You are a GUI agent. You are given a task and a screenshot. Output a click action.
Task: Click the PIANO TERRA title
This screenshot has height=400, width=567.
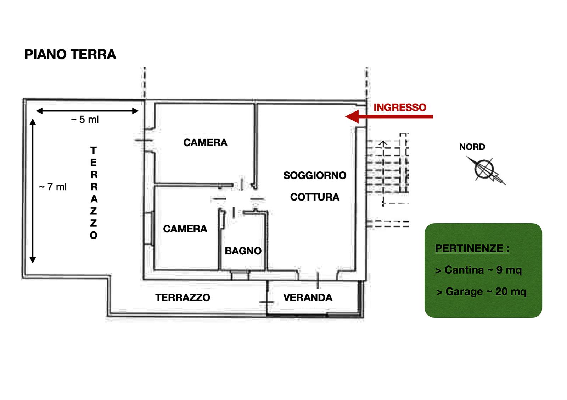[70, 55]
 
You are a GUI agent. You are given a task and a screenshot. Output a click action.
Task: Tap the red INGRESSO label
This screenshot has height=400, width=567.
[400, 107]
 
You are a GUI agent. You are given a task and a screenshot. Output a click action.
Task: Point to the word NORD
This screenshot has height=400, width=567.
[472, 147]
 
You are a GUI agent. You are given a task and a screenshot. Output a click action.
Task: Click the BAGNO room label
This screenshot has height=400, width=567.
[243, 251]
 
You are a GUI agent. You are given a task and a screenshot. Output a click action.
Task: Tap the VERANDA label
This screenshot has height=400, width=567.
[308, 297]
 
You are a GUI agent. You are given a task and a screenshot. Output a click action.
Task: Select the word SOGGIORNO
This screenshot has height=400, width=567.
[315, 175]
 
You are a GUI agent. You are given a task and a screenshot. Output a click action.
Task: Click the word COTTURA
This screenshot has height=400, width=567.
[315, 197]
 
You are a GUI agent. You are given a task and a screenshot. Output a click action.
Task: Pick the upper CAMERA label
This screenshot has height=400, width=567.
[205, 143]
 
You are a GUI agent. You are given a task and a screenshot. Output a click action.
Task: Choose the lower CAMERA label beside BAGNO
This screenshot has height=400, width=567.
[185, 229]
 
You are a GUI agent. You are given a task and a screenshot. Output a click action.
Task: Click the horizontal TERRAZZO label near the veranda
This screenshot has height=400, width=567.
[183, 297]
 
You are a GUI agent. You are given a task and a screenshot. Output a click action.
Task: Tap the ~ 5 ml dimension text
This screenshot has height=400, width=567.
[85, 120]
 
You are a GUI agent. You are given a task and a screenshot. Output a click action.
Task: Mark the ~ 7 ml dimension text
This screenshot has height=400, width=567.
[53, 187]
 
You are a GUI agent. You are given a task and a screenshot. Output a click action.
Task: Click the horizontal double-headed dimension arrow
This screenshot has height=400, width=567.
[87, 111]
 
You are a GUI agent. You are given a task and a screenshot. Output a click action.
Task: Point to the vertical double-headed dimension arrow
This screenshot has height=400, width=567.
[33, 191]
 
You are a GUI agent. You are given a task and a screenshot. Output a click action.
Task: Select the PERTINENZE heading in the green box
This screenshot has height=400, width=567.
[472, 248]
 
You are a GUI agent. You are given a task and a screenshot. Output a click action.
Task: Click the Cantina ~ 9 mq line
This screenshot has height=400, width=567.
[478, 270]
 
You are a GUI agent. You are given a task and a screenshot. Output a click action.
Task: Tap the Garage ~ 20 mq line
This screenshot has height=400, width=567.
[481, 292]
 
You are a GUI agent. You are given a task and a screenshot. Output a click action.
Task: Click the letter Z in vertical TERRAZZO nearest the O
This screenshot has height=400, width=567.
[94, 223]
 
